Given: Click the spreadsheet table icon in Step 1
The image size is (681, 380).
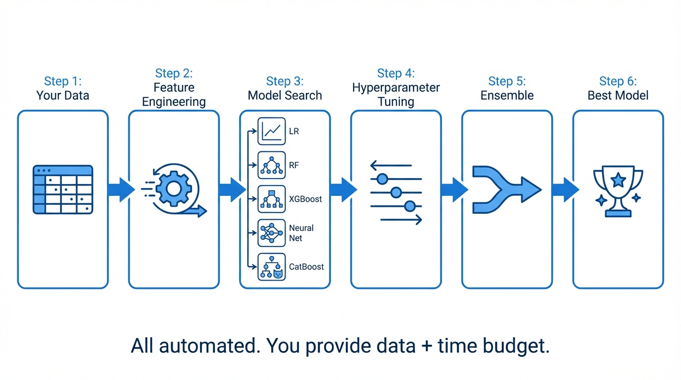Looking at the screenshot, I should point(63,190).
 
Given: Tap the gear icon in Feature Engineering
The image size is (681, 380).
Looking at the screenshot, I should point(173,189).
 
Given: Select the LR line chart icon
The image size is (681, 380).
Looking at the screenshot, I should point(272,131).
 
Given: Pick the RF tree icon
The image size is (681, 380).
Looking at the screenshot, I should point(272,165).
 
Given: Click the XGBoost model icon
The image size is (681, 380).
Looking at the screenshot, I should point(272,199).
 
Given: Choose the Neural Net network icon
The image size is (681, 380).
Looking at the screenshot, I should point(272,233).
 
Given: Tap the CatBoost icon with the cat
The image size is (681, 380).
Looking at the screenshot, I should point(272,267).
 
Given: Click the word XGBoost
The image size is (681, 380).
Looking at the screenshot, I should point(305,199).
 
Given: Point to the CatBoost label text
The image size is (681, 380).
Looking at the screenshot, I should point(306,267).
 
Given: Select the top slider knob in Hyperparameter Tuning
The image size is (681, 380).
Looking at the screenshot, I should point(382,179).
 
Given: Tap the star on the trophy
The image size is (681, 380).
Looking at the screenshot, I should point(618,180).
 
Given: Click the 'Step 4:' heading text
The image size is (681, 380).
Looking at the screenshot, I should point(396,73).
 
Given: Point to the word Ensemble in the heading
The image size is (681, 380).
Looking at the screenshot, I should point(507,95).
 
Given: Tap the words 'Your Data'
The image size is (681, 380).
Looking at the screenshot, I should point(63,95).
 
